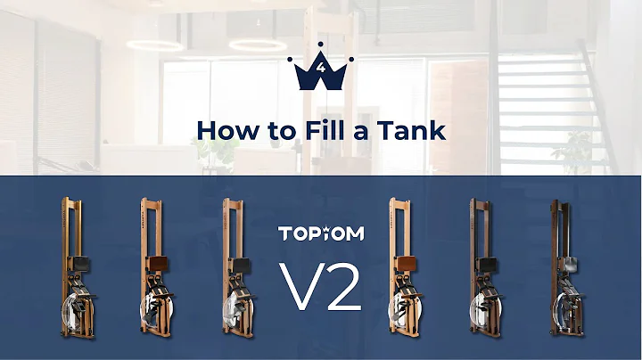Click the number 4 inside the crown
[321, 68]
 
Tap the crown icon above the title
[321, 70]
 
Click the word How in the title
[222, 129]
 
